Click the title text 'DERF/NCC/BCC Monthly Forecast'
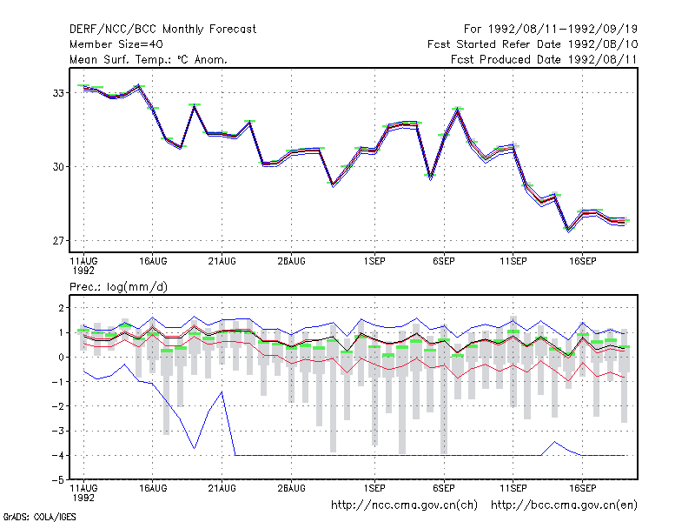click(162, 30)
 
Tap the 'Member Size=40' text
click(116, 44)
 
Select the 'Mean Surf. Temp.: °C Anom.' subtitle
click(148, 59)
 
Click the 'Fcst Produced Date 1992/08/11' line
click(544, 59)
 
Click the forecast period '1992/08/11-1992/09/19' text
click(562, 30)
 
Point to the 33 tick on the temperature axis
click(58, 93)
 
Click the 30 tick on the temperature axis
click(58, 167)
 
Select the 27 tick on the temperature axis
click(58, 241)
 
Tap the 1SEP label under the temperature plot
click(374, 262)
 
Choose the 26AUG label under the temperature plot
click(291, 262)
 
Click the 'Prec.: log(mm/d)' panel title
click(118, 287)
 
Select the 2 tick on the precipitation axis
click(61, 308)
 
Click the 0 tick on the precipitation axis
click(61, 358)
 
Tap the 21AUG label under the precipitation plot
click(222, 488)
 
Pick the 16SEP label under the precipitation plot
click(582, 488)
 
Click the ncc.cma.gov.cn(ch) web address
click(404, 505)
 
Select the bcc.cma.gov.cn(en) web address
click(564, 505)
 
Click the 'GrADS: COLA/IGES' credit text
click(39, 517)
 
